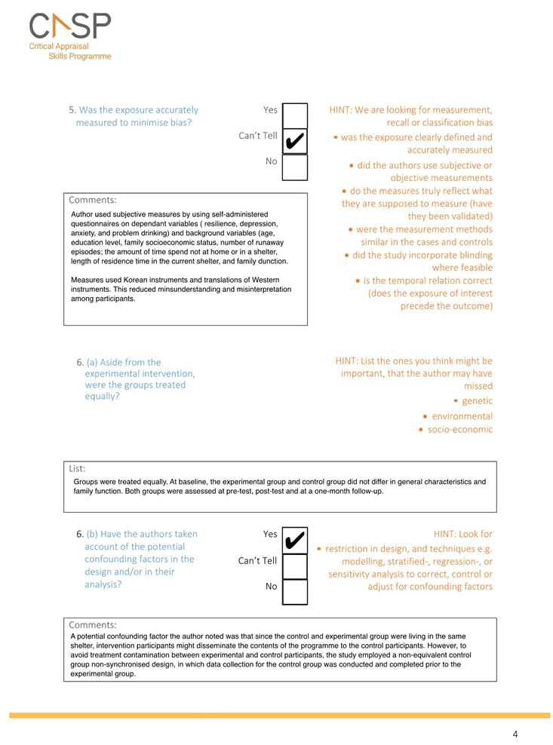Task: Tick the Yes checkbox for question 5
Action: [295, 115]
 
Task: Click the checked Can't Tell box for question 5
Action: [295, 141]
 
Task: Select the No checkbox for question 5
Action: [295, 167]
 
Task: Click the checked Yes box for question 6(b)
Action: [295, 540]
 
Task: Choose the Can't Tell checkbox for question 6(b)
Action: [295, 566]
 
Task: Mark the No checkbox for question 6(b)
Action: [295, 591]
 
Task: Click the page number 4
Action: [515, 734]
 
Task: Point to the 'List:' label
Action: [77, 468]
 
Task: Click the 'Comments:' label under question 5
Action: [92, 200]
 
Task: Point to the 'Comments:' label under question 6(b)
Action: [92, 624]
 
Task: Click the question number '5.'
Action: [72, 109]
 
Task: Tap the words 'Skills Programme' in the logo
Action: [79, 56]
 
